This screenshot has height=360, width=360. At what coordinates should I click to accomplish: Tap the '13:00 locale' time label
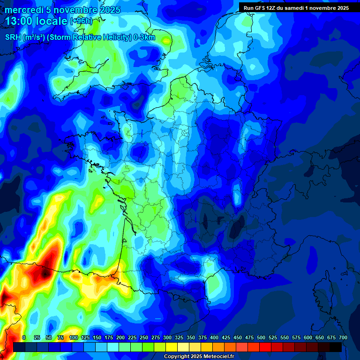pos(37,22)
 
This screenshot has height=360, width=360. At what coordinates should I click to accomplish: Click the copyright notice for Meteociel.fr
pos(199,357)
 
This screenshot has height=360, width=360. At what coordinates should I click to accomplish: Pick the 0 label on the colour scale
pos(24,337)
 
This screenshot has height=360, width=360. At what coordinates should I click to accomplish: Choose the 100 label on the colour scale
pos(74,337)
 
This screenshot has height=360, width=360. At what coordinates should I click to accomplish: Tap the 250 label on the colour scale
pos(144,337)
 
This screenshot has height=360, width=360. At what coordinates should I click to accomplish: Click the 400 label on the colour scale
pos(214,337)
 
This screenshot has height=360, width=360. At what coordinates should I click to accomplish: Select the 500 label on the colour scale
pos(261,337)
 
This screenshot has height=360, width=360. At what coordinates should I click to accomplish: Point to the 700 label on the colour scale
pos(343,337)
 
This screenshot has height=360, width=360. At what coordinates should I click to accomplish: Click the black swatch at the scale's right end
pos(336,347)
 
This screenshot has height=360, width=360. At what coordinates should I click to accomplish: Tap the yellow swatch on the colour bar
pos(172,347)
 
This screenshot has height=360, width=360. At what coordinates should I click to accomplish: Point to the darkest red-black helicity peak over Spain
pos(45,271)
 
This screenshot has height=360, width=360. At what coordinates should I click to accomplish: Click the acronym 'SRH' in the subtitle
pos(13,37)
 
